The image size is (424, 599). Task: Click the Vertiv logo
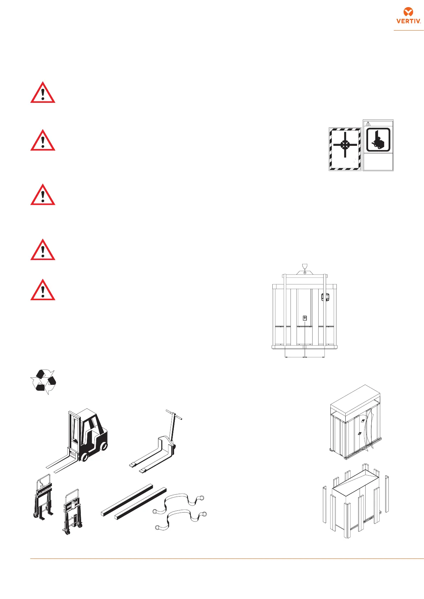click(x=409, y=16)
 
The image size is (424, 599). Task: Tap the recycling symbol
click(x=43, y=382)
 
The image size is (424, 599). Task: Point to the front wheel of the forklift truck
click(x=85, y=456)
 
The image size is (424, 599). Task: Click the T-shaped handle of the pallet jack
click(x=174, y=415)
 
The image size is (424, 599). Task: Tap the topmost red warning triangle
click(x=43, y=93)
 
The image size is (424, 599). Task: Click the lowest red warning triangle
click(x=43, y=290)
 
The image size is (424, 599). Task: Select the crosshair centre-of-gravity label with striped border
click(x=345, y=149)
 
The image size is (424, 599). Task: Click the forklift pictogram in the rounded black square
click(x=378, y=139)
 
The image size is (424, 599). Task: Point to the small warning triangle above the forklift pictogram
click(x=368, y=124)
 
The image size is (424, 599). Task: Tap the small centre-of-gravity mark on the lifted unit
click(x=305, y=318)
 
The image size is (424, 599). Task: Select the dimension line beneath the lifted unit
click(x=305, y=357)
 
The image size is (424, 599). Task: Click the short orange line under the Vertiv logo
click(x=408, y=31)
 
